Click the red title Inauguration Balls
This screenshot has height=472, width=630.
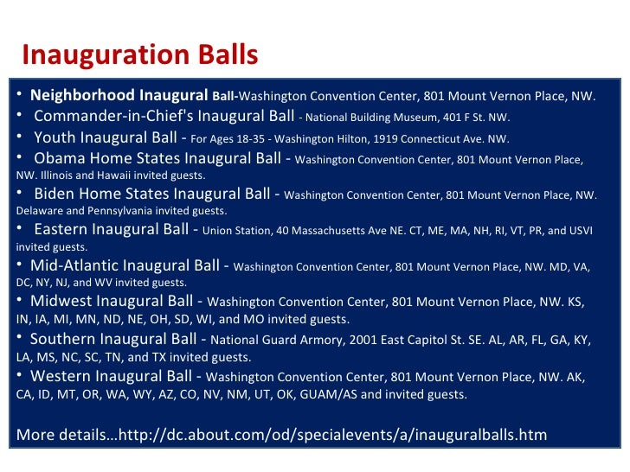coord(140,55)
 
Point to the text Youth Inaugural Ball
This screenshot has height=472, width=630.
coord(104,137)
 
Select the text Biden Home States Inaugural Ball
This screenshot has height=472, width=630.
coord(153,195)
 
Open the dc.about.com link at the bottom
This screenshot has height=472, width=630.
coord(337,434)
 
